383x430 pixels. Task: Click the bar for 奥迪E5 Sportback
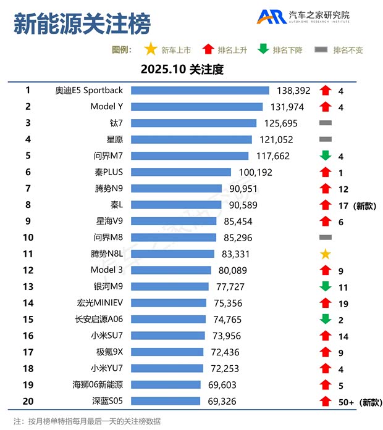coord(200,91)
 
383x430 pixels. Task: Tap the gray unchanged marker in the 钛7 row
coord(326,123)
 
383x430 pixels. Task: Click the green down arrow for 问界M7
coord(326,156)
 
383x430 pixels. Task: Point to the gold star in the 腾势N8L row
coord(326,254)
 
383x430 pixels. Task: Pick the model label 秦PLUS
coord(110,172)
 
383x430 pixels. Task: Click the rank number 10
coord(28,237)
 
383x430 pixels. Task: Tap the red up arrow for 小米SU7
coord(326,336)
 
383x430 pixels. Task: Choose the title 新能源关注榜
coord(82,25)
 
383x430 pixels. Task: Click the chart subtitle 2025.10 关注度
coord(182,70)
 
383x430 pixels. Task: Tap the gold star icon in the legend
coord(150,49)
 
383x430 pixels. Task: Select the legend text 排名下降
coord(287,50)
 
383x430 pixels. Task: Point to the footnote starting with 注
coord(87,421)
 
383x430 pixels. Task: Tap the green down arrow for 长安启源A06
coord(326,319)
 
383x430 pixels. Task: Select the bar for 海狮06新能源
coord(166,384)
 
